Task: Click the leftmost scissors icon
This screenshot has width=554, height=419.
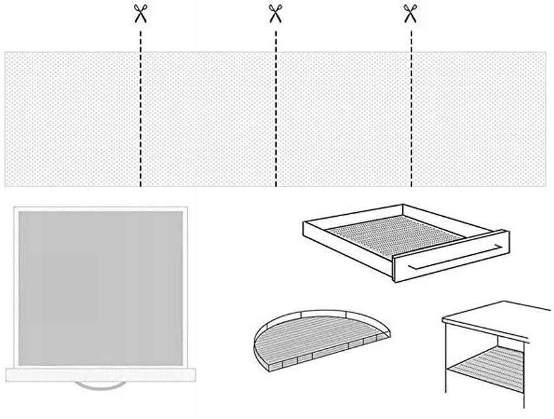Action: point(140,13)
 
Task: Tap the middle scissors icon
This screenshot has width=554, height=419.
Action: point(275,13)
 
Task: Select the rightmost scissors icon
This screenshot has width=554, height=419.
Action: point(410,13)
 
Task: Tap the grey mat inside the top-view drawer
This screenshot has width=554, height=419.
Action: point(101,288)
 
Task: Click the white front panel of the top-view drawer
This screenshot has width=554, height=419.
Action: point(101,375)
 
